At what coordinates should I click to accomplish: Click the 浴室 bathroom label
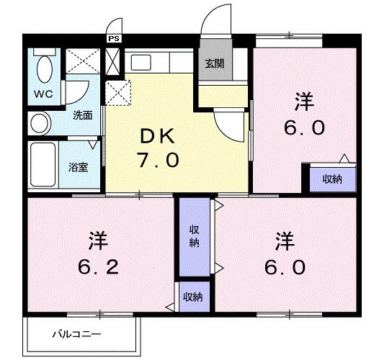(78, 168)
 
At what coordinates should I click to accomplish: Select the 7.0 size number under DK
(158, 161)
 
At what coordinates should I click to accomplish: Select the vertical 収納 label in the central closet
(194, 235)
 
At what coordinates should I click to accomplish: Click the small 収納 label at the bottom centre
(192, 296)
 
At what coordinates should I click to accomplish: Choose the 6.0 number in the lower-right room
(288, 266)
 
